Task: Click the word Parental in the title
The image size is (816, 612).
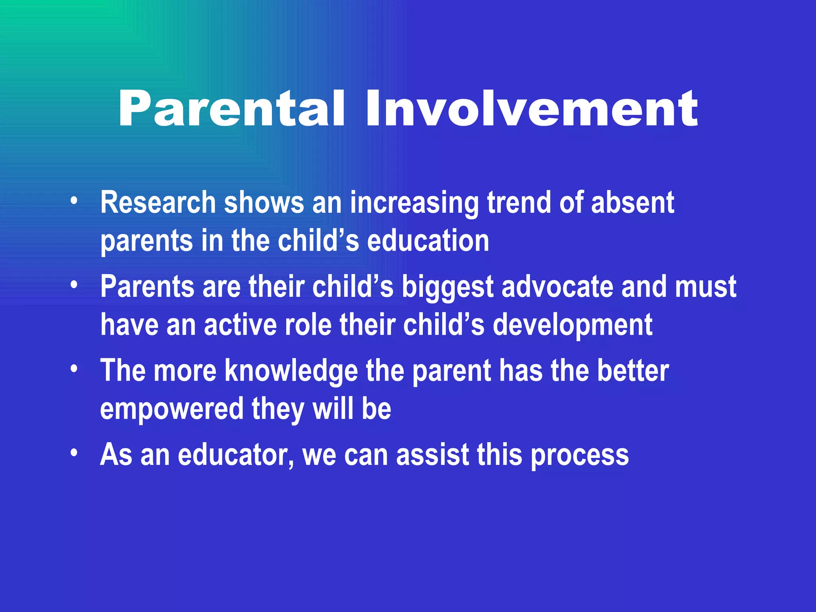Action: [x=231, y=108]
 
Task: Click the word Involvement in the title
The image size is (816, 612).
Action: [x=532, y=108]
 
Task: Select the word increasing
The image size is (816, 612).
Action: [x=414, y=203]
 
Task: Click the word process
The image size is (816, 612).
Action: [x=580, y=455]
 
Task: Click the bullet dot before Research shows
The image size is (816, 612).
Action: [x=74, y=201]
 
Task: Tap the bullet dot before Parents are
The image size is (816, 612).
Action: [x=74, y=284]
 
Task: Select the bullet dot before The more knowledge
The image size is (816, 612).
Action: [x=74, y=369]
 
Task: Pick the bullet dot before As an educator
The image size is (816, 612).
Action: [x=74, y=453]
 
